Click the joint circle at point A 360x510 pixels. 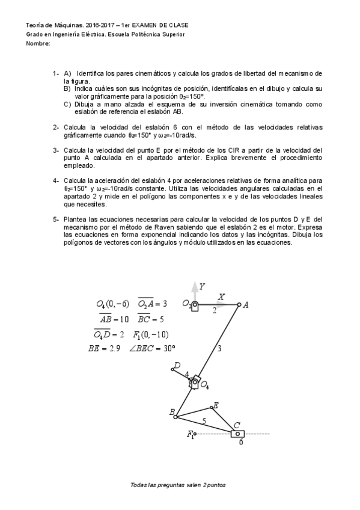tap(239, 304)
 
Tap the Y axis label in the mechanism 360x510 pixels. tap(203, 286)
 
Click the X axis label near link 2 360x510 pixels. tap(222, 296)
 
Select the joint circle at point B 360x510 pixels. tap(175, 416)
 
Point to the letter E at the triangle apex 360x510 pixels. tap(216, 405)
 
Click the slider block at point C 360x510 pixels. tap(238, 434)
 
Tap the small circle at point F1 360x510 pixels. tap(195, 433)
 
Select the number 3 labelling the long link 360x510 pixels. tap(219, 348)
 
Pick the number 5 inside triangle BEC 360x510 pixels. tap(204, 421)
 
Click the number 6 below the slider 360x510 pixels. tap(241, 442)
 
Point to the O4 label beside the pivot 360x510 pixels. tap(204, 384)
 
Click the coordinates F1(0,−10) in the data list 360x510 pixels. tap(150, 334)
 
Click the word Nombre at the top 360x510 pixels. tap(38, 44)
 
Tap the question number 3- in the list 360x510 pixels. tap(55, 150)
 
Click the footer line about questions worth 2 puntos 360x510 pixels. tap(178, 484)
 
